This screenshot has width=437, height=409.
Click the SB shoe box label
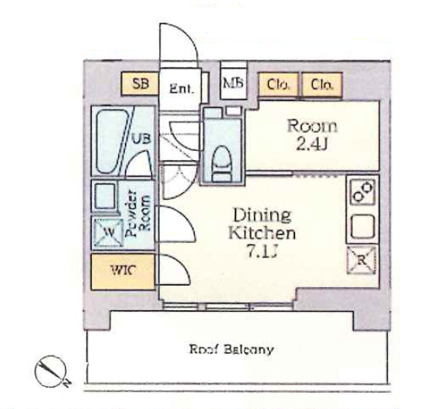pyautogui.click(x=141, y=83)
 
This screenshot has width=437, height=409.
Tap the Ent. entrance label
pyautogui.click(x=181, y=89)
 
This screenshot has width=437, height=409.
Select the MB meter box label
pyautogui.click(x=234, y=83)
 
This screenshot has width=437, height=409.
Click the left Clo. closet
pyautogui.click(x=278, y=85)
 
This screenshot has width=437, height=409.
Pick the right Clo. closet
pyautogui.click(x=322, y=85)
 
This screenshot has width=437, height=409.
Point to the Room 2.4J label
pyautogui.click(x=312, y=135)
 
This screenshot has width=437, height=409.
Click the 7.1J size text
pyautogui.click(x=262, y=252)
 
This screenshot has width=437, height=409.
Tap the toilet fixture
pyautogui.click(x=222, y=164)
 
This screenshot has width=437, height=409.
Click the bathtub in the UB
pyautogui.click(x=111, y=141)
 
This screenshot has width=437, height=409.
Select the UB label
pyautogui.click(x=142, y=139)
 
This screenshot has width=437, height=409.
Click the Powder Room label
pyautogui.click(x=137, y=214)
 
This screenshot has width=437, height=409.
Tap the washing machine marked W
pyautogui.click(x=108, y=234)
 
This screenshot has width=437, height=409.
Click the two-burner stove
pyautogui.click(x=363, y=191)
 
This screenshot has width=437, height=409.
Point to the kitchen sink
pyautogui.click(x=363, y=227)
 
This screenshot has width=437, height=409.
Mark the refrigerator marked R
pyautogui.click(x=362, y=260)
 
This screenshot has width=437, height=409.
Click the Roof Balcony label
pyautogui.click(x=232, y=349)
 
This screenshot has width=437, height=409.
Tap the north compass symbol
pyautogui.click(x=51, y=371)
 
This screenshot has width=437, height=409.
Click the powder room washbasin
pyautogui.click(x=104, y=195)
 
